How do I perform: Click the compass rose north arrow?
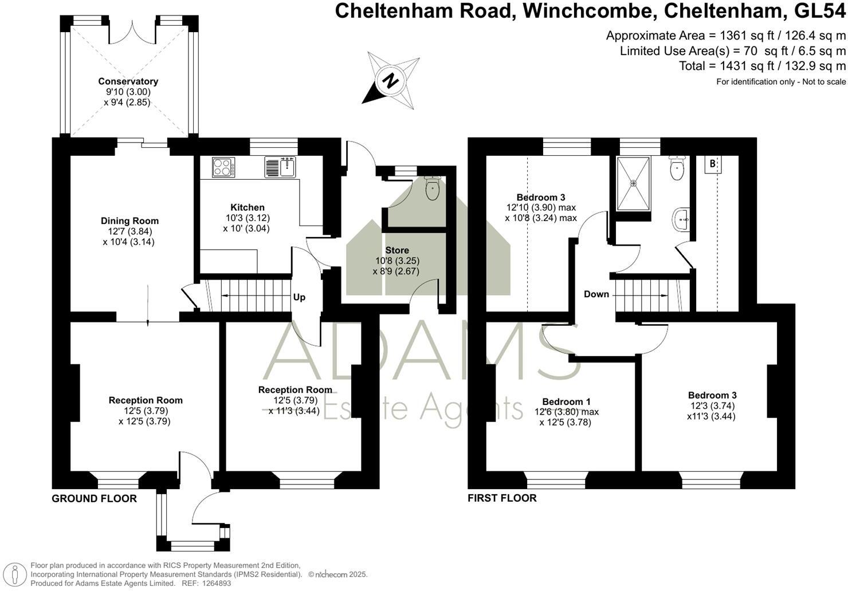[x=391, y=80]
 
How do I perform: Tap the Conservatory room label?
[x=128, y=81]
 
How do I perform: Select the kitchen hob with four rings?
[x=222, y=167]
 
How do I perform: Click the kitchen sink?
[x=280, y=167]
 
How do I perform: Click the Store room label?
[x=396, y=250]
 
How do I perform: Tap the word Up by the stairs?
[x=299, y=297]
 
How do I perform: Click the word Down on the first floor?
[x=596, y=294]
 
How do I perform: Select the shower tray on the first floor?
[x=633, y=183]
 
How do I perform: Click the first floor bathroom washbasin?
[x=682, y=219]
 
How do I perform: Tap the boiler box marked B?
[x=713, y=164]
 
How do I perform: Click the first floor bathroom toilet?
[x=677, y=169]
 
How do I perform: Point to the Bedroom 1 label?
[x=566, y=401]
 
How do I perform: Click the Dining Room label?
[x=129, y=221]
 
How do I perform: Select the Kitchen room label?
[x=248, y=207]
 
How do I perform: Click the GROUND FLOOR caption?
[x=94, y=498]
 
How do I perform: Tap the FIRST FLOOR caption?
[x=502, y=498]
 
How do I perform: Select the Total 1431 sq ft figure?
[x=762, y=66]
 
